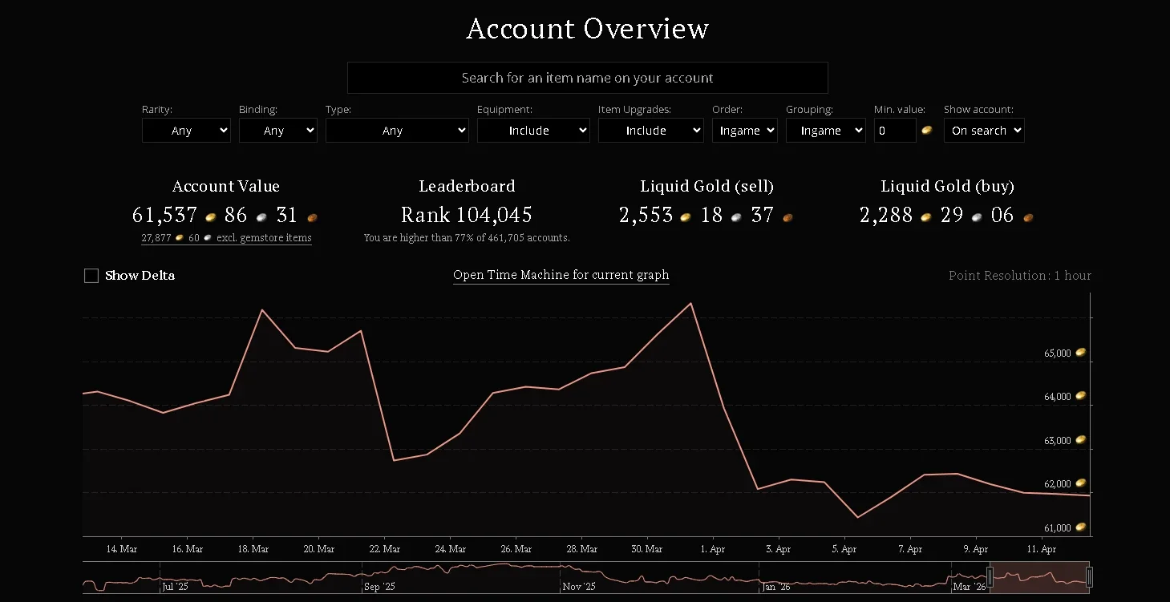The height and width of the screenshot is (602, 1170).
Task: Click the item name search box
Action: tap(587, 78)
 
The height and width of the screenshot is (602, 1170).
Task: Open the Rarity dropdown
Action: tap(186, 130)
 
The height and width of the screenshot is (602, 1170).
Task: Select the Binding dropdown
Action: tap(278, 130)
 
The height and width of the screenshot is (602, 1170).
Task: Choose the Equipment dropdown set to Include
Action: tap(533, 130)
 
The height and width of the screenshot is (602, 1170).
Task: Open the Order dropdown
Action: tap(745, 130)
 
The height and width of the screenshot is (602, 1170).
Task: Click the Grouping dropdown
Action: tap(826, 130)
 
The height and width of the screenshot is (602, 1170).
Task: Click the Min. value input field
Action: tap(895, 130)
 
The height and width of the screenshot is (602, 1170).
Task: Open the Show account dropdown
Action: tap(984, 130)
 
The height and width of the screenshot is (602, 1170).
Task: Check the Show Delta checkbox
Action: tap(91, 276)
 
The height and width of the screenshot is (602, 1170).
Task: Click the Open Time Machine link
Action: tap(561, 275)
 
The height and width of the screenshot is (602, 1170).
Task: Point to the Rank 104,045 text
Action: tap(467, 215)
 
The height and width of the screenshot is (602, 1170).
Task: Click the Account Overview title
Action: tap(587, 28)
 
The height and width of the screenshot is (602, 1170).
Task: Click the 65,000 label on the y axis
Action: tap(1057, 353)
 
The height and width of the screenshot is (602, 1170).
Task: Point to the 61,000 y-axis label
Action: tap(1057, 528)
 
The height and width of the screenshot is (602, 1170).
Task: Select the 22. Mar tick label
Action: tap(384, 549)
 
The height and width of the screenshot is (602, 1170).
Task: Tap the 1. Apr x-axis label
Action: tap(712, 549)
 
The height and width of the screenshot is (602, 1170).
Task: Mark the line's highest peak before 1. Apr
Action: tap(691, 303)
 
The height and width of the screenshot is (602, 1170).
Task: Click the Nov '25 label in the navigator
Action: tap(579, 586)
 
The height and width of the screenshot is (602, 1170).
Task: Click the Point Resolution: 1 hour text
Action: tap(1019, 275)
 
